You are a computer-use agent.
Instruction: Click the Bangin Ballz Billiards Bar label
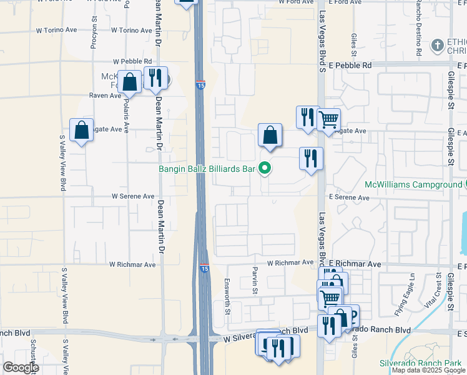(x=207, y=169)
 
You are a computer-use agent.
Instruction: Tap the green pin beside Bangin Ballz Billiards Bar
(x=265, y=167)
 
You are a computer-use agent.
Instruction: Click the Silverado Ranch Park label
(x=420, y=363)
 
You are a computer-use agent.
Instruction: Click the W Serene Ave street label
(x=133, y=196)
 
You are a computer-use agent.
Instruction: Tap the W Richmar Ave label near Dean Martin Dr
(x=133, y=265)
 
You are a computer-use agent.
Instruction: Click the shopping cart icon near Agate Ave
(x=328, y=118)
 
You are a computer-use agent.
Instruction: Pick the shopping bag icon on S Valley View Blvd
(x=82, y=130)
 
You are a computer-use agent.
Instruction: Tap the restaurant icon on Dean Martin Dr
(x=155, y=78)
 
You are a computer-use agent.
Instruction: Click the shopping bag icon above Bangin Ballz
(x=270, y=135)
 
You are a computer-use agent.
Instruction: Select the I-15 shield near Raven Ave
(x=200, y=85)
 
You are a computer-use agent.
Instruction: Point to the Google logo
(x=21, y=367)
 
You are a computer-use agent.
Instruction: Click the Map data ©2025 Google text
(x=428, y=371)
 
